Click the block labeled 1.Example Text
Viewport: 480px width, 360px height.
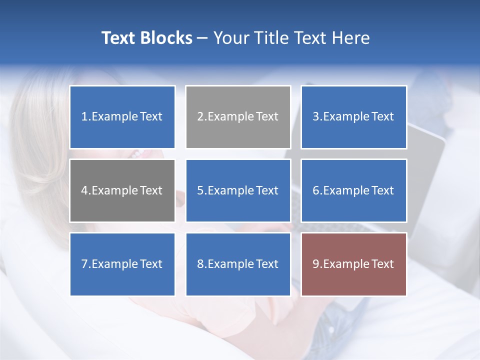122,117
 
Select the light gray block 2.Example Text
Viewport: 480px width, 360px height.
238,117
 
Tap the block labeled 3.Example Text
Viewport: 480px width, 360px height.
353,117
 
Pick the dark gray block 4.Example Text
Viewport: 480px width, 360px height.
122,190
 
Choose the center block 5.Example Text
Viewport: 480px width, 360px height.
238,190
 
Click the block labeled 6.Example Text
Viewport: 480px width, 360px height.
353,190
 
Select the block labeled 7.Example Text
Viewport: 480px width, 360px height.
122,264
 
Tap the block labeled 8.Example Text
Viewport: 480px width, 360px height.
238,264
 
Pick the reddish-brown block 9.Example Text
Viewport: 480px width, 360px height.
353,264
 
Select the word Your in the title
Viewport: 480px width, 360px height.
230,38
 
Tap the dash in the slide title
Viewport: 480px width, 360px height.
202,38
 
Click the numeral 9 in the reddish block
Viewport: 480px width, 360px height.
316,264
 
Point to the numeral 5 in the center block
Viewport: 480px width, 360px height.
200,190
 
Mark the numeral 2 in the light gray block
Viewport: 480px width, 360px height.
200,117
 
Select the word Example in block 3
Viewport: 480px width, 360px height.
346,117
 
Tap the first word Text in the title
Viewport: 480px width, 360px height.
118,38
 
